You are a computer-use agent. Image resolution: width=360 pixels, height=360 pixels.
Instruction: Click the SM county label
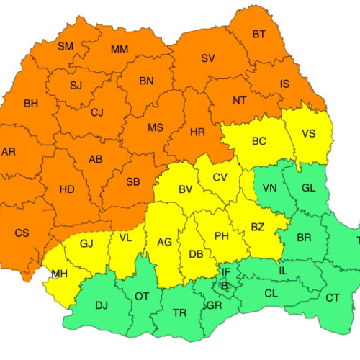coord(65,46)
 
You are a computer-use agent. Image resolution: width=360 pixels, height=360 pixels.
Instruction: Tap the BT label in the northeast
coord(258,34)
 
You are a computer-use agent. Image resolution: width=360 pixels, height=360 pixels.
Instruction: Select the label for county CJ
coord(97,112)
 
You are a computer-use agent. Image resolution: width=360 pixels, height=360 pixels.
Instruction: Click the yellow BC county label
coord(258,141)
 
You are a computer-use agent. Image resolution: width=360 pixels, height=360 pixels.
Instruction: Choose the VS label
coord(309,133)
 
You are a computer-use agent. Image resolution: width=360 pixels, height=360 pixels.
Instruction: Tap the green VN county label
coord(270,188)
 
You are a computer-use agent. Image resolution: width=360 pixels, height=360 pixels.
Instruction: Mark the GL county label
coord(308,188)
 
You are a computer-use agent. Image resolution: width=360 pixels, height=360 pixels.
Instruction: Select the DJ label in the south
coord(102,305)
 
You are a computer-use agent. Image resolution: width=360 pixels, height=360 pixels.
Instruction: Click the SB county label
coord(132,181)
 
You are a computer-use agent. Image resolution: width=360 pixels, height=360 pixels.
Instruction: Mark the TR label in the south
coord(179,313)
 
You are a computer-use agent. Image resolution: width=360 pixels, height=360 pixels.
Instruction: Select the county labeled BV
coord(185,189)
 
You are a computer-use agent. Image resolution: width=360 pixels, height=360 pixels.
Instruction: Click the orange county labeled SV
coord(208,58)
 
